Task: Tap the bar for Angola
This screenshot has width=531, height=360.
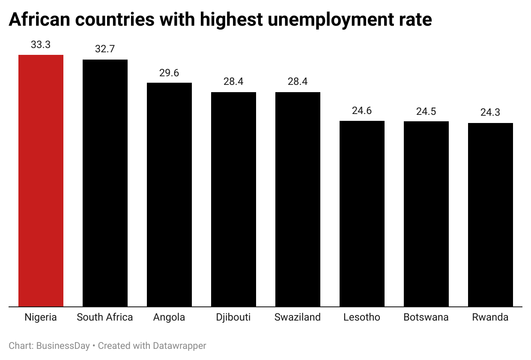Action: point(169,195)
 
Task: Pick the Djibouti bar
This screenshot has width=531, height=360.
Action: point(233,199)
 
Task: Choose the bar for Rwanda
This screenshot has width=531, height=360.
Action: point(490,215)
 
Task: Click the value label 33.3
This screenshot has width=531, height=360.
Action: point(41,45)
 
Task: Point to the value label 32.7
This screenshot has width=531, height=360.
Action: point(105,49)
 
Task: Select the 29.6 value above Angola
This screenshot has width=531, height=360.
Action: point(169,73)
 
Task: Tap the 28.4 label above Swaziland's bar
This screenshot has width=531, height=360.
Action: point(298,81)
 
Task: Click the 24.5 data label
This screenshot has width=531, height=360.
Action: point(426,111)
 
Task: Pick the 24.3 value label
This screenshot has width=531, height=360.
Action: point(490,113)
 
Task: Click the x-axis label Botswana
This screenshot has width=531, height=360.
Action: point(426,318)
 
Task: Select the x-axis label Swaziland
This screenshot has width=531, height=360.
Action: point(298,318)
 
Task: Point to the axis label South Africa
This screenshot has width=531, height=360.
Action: point(105,318)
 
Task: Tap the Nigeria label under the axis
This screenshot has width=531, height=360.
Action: point(41,318)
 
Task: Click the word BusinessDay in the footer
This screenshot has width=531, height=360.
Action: point(63,346)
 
